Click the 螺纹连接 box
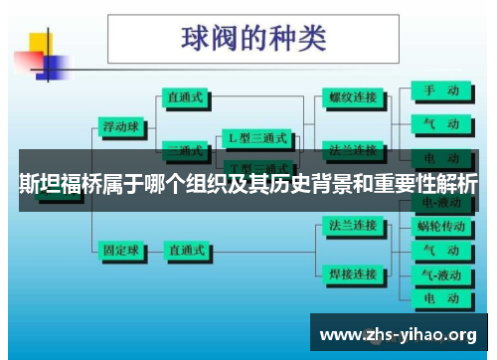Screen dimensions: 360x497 (x=353, y=98)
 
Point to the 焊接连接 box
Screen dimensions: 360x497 (x=353, y=273)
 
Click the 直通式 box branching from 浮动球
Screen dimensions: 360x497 (x=186, y=98)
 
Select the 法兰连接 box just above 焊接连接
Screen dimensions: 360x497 (x=353, y=226)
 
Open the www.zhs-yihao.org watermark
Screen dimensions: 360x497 (x=402, y=333)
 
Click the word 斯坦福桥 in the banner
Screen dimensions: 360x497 (x=55, y=184)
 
